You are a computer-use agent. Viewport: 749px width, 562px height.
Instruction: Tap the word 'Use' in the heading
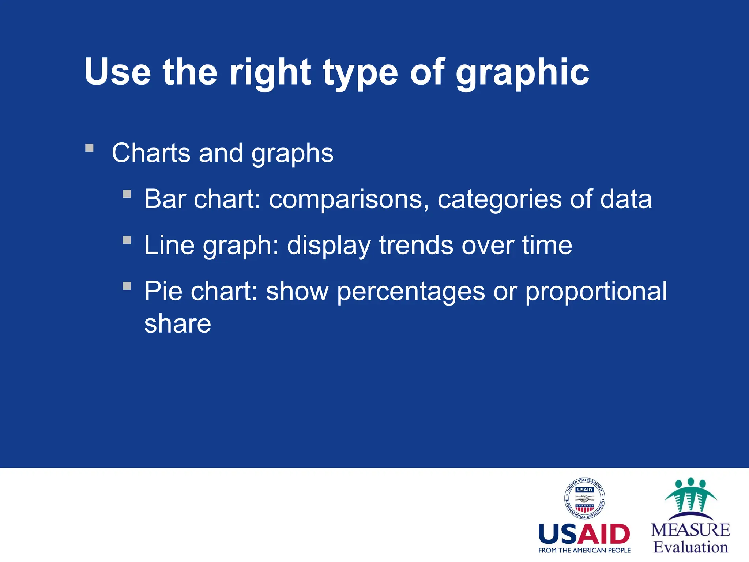tap(117, 72)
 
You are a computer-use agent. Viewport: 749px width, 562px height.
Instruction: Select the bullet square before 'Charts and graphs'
tap(89, 148)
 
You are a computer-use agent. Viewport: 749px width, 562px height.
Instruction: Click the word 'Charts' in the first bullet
tap(151, 153)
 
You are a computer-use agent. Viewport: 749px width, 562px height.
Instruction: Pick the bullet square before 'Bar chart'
tap(127, 194)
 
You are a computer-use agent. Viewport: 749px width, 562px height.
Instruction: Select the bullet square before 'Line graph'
tap(127, 240)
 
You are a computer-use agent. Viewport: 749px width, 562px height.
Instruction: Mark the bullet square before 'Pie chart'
tap(127, 286)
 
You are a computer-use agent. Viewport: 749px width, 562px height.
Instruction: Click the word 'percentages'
tap(411, 292)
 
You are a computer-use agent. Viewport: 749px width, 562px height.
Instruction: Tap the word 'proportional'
tap(596, 292)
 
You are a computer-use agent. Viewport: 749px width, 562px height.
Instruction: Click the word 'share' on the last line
tap(178, 323)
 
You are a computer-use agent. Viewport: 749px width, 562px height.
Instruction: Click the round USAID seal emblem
tap(584, 499)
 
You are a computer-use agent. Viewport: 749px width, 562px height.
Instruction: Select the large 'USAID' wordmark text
tap(584, 534)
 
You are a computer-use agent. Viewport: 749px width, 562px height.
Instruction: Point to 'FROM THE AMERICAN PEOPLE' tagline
tap(584, 550)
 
